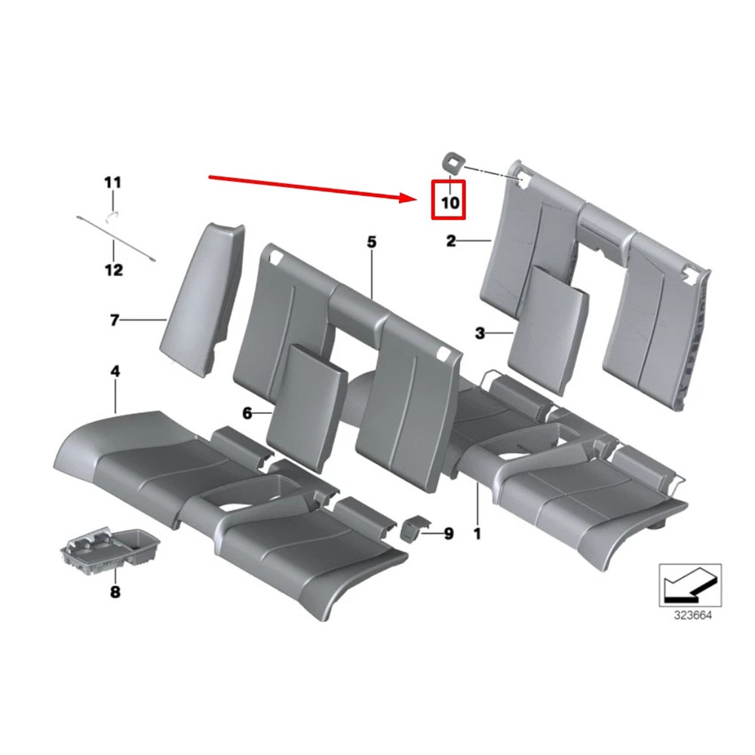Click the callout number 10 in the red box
tap(450, 203)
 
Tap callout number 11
tap(112, 183)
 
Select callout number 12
tap(114, 270)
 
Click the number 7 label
tap(114, 320)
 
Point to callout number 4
tap(115, 371)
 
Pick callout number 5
tap(371, 241)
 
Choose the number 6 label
tap(247, 413)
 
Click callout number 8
tap(115, 592)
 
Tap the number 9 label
tap(448, 533)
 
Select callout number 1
tap(477, 534)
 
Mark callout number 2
tap(451, 241)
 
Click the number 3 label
tap(480, 333)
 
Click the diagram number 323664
tap(692, 615)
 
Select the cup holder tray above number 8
tap(110, 547)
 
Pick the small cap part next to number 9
tap(411, 528)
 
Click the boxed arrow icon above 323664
tap(690, 585)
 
